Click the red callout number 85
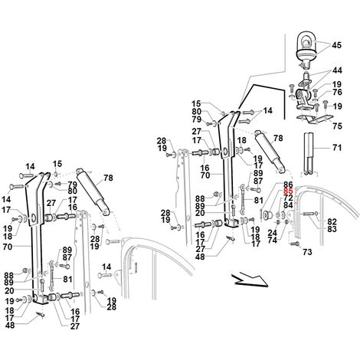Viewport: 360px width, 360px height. pos(288,191)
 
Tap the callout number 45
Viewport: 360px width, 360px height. pos(336,45)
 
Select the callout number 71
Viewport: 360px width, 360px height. pos(337,147)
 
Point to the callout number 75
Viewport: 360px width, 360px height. pos(337,126)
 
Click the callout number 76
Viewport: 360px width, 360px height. pos(337,92)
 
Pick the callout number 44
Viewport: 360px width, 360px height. pos(337,70)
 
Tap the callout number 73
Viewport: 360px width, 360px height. pos(307,252)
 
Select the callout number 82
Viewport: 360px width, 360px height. pos(332,221)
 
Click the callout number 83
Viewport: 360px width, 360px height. pos(332,229)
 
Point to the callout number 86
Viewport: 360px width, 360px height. pos(288,184)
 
